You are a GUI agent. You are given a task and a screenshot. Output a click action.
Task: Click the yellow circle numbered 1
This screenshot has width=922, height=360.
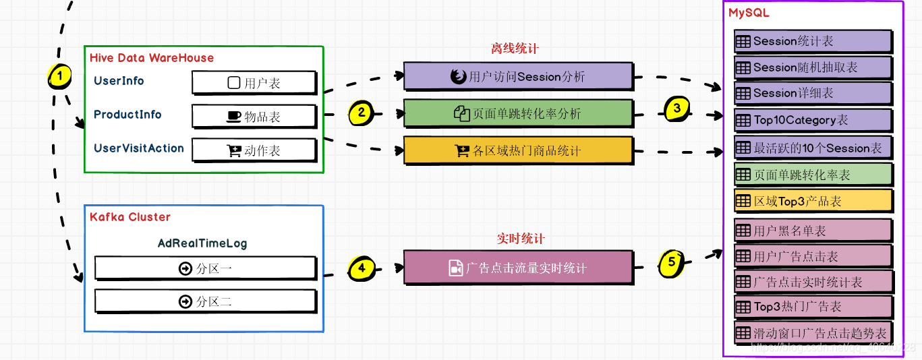tap(60, 77)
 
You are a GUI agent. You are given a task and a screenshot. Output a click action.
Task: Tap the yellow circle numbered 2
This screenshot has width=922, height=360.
tap(362, 113)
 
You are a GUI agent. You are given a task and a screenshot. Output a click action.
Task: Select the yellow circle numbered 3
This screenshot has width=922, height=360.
tap(677, 108)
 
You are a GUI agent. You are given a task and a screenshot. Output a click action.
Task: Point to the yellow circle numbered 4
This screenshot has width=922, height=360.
tap(362, 268)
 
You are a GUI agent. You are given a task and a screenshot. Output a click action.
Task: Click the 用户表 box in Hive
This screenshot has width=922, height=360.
tap(254, 83)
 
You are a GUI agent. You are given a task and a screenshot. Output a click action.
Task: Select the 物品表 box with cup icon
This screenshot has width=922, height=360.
tap(254, 117)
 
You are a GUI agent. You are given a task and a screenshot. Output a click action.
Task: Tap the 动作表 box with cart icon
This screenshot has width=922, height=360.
tap(254, 150)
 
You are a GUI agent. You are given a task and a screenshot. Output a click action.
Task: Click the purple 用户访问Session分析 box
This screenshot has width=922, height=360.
tap(518, 76)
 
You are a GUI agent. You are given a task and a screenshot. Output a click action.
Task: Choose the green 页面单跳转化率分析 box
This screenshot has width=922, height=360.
tap(518, 113)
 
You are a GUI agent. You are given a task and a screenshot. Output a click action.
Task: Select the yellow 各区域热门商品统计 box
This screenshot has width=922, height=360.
tap(518, 150)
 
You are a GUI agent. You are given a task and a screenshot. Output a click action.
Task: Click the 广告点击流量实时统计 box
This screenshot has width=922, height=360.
tap(518, 268)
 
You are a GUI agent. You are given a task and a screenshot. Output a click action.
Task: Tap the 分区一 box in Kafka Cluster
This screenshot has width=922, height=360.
tap(205, 268)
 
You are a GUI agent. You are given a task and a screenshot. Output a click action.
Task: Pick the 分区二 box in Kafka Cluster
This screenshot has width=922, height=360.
tap(205, 301)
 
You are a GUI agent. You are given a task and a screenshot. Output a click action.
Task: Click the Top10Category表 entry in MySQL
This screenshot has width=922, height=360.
tap(813, 121)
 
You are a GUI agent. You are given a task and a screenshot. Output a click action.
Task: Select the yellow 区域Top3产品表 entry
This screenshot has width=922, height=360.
tap(813, 201)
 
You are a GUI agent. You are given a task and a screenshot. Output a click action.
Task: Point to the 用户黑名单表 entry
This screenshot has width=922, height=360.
tap(813, 231)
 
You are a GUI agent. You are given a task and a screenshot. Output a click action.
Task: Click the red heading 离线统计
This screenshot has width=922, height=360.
tap(515, 49)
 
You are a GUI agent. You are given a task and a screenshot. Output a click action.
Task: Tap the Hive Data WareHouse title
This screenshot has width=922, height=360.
tap(152, 58)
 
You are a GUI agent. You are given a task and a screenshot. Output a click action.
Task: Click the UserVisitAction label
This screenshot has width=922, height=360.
tap(138, 148)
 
